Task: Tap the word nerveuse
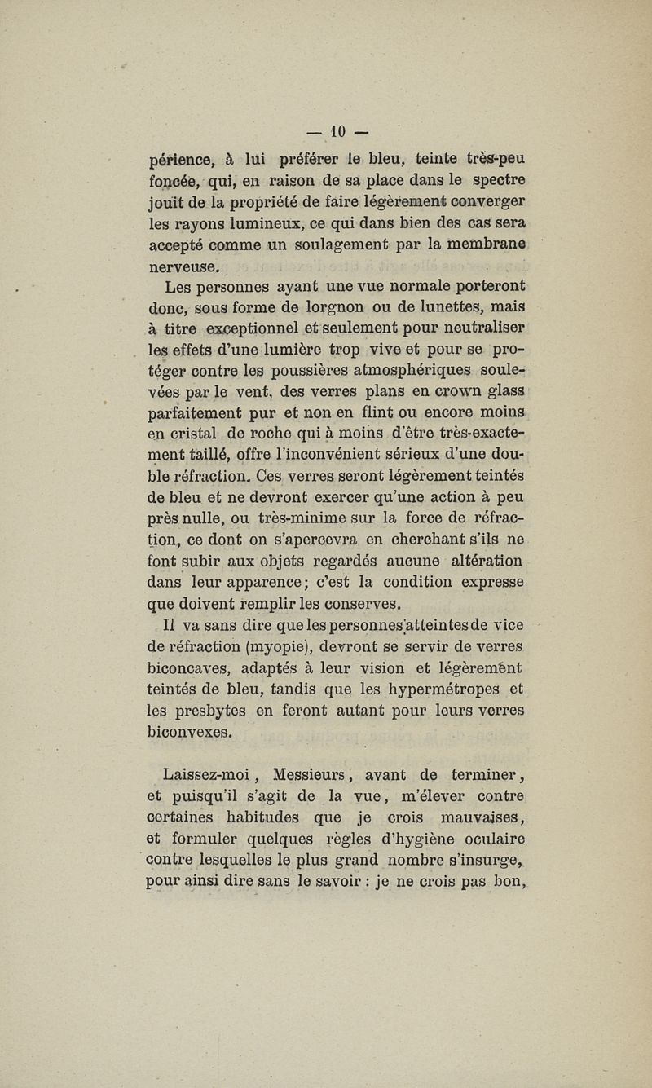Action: (x=183, y=266)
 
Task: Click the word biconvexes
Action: (x=188, y=732)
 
